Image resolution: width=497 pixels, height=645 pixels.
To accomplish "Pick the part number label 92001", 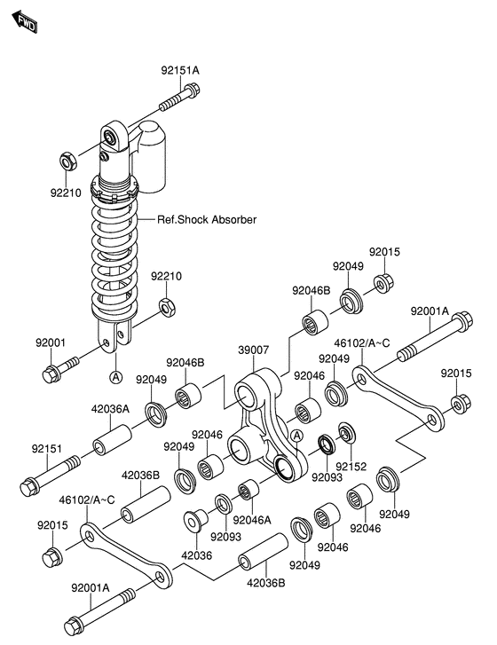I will pyautogui.click(x=51, y=342).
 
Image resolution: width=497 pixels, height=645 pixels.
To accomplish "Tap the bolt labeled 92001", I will pyautogui.click(x=62, y=366).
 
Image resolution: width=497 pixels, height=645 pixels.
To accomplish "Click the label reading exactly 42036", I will pyautogui.click(x=197, y=556).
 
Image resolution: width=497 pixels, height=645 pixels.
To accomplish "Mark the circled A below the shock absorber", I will pyautogui.click(x=115, y=377).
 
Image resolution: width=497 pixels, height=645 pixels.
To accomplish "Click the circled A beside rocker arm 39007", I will pyautogui.click(x=296, y=435).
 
